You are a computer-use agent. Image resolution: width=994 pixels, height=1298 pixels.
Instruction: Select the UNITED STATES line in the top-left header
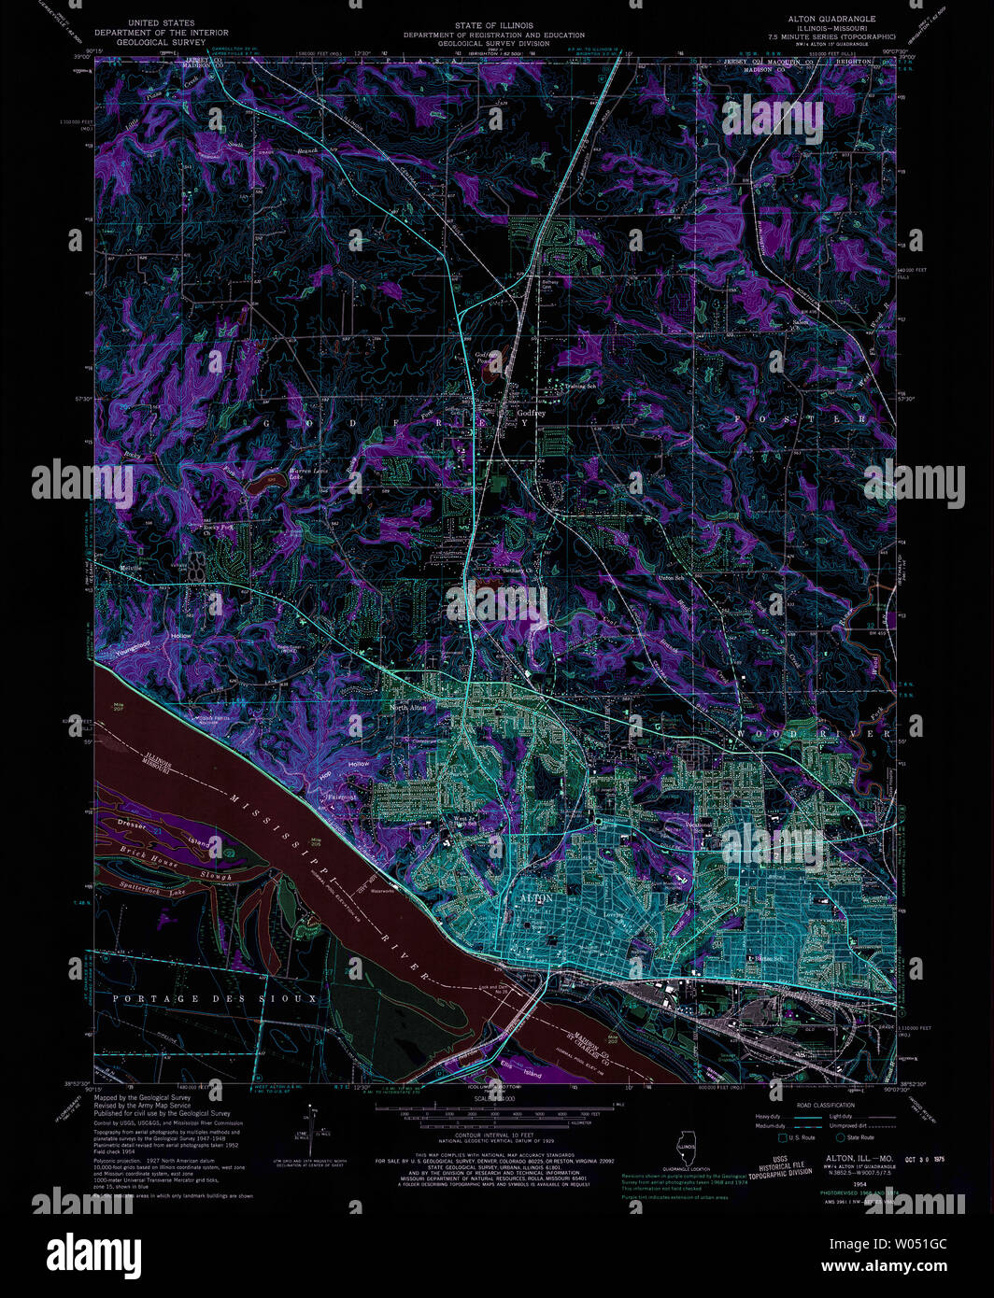(162, 22)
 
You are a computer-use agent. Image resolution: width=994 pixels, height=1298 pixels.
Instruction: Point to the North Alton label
(408, 708)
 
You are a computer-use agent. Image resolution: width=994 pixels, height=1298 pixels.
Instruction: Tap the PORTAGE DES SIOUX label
(214, 999)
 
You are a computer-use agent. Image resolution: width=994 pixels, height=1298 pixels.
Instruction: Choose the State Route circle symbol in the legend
(840, 1137)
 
